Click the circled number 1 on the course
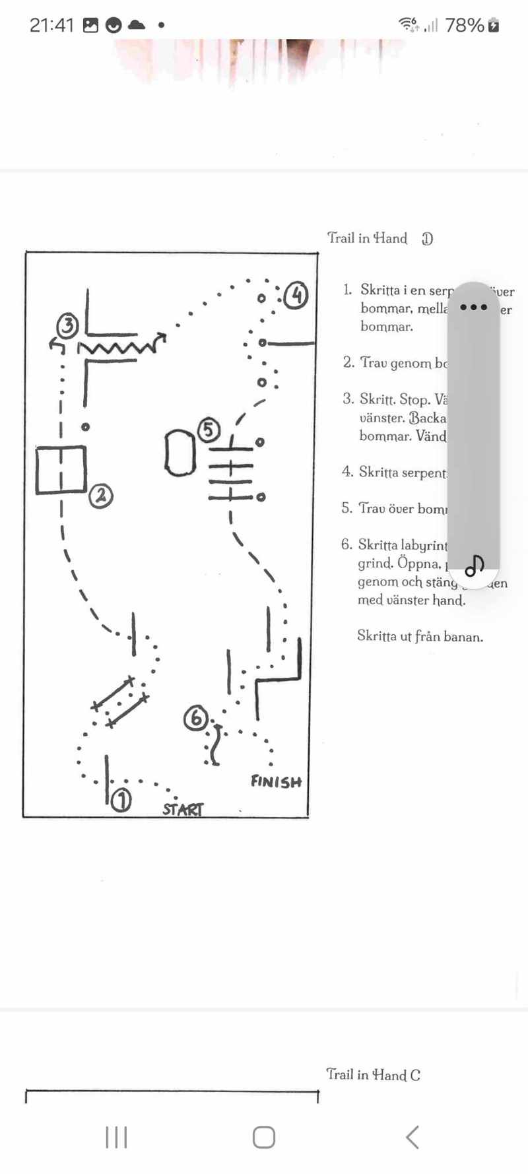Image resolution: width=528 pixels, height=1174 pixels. click(x=121, y=800)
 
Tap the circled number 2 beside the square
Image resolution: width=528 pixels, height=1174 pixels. click(x=101, y=495)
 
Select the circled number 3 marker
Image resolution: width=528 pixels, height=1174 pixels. click(x=68, y=325)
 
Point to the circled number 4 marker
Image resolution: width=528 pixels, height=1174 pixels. click(x=296, y=295)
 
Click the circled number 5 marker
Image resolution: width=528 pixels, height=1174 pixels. click(x=208, y=430)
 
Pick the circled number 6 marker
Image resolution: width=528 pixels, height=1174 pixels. click(x=196, y=718)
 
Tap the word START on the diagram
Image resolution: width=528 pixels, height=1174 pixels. click(x=183, y=809)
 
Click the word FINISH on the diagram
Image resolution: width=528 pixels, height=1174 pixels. click(x=276, y=782)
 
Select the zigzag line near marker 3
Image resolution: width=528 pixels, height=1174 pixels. click(x=119, y=346)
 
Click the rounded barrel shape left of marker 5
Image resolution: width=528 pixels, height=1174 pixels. click(x=180, y=453)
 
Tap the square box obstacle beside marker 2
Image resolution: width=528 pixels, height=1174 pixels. click(x=61, y=470)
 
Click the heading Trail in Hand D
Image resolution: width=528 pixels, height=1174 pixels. click(x=380, y=238)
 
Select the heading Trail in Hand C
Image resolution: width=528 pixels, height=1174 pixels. click(x=373, y=1074)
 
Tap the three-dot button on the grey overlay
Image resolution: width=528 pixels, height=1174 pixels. click(x=474, y=308)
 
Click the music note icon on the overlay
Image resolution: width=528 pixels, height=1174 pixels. click(x=475, y=566)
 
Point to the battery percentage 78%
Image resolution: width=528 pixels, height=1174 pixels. click(x=465, y=25)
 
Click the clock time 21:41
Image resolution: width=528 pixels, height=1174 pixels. click(x=51, y=25)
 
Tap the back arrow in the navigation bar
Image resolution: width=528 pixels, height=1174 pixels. click(x=412, y=1137)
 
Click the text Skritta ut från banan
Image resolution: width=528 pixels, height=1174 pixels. click(x=420, y=636)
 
